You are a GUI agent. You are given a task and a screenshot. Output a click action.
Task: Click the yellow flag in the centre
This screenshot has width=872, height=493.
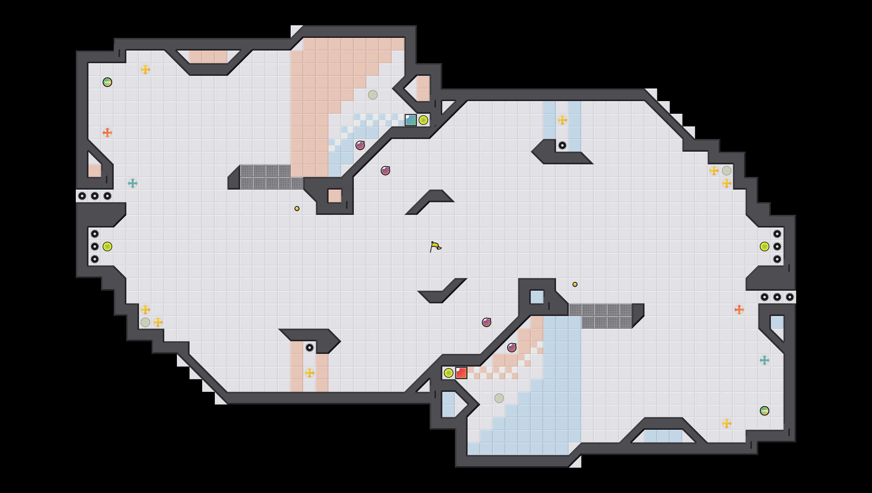click(435, 246)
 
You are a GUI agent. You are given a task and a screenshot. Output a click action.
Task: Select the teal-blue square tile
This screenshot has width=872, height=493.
click(411, 120)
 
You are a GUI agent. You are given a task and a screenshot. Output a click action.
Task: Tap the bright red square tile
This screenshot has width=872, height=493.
click(461, 373)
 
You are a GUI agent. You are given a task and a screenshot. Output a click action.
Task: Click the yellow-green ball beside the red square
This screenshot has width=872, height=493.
click(449, 373)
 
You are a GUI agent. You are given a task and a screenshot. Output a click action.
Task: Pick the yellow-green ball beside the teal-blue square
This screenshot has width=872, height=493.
click(423, 120)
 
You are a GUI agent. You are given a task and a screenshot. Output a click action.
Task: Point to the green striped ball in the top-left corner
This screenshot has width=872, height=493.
click(107, 82)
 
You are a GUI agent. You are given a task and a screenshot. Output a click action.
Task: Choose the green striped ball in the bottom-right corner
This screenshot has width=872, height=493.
click(764, 411)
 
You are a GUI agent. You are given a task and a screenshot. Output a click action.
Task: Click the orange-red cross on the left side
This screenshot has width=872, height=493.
click(107, 132)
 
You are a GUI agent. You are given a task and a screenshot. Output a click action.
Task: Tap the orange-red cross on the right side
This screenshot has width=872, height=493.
click(739, 309)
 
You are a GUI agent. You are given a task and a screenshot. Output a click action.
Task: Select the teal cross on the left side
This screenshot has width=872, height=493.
click(133, 183)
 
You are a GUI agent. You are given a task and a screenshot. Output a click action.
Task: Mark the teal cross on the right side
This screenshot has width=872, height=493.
click(764, 360)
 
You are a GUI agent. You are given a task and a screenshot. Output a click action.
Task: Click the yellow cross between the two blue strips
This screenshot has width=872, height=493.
click(562, 120)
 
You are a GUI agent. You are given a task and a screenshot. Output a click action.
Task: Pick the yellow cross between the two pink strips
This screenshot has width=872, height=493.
click(309, 373)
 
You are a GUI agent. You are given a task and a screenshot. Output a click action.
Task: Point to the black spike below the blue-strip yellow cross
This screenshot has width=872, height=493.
click(562, 145)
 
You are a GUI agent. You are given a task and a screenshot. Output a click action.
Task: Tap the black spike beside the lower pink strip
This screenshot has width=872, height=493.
click(309, 347)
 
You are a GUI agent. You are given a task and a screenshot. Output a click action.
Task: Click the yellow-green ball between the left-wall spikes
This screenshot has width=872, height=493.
click(107, 246)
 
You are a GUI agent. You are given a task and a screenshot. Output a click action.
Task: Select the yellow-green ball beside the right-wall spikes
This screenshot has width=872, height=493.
click(764, 246)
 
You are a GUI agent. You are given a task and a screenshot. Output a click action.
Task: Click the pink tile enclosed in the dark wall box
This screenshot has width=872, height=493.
click(335, 196)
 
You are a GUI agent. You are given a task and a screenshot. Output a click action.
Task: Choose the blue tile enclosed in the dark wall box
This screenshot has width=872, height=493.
click(537, 297)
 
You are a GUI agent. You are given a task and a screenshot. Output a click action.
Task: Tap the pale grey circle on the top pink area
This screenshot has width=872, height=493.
click(373, 95)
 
